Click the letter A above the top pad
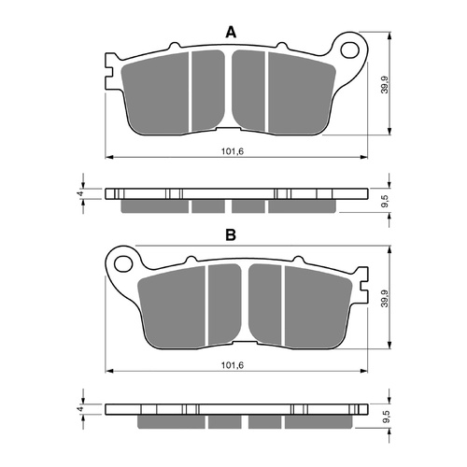pyautogui.click(x=231, y=33)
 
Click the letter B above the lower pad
pyautogui.click(x=231, y=235)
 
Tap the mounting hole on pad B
pyautogui.click(x=120, y=258)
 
